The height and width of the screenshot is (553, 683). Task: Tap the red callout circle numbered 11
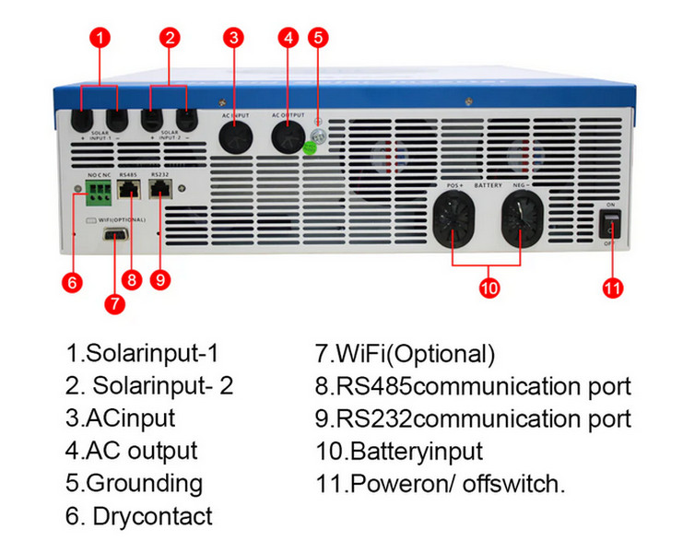click(x=613, y=287)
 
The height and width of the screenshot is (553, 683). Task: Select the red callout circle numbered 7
click(x=114, y=301)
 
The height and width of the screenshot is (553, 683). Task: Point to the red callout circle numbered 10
click(x=489, y=287)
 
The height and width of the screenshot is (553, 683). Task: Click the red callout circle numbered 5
click(x=318, y=38)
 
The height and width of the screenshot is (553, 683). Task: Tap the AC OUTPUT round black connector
click(x=288, y=135)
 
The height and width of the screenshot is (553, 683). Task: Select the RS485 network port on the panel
click(x=130, y=189)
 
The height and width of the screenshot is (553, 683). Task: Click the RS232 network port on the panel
click(x=161, y=189)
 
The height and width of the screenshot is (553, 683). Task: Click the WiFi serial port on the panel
click(x=115, y=237)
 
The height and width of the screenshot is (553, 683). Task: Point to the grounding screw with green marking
click(x=315, y=141)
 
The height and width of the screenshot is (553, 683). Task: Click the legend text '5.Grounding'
click(x=134, y=483)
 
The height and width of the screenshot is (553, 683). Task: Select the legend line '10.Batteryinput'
click(x=398, y=452)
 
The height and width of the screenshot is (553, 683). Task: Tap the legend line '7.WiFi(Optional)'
click(x=405, y=353)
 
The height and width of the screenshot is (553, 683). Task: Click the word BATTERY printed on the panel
click(x=489, y=185)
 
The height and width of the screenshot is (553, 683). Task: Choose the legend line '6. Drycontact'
click(x=138, y=516)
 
